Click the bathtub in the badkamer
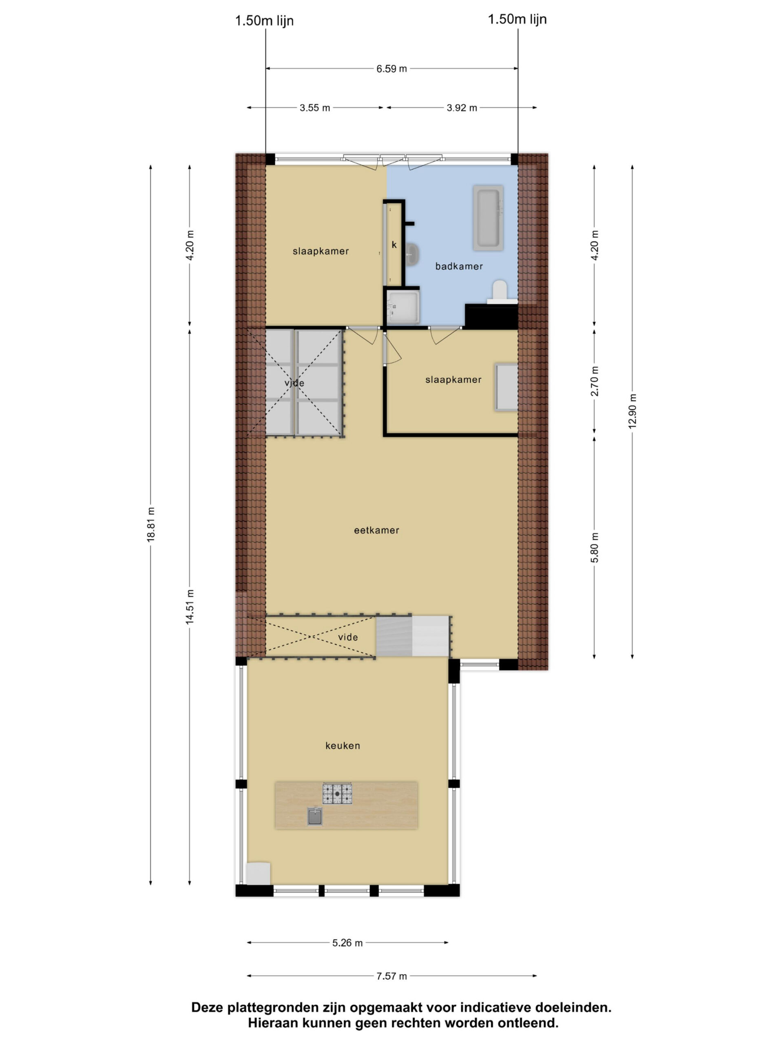coord(488,218)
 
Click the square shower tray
coord(403,307)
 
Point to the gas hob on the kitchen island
coord(337,793)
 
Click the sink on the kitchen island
coord(315,816)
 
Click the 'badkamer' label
coord(459,266)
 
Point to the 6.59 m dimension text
coord(391,69)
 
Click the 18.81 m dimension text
coord(151,524)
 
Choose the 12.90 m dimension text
coord(632,411)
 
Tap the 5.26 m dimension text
coord(347,943)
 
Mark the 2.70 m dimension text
coord(594,381)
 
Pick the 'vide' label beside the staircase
coord(348,637)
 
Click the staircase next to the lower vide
coord(412,636)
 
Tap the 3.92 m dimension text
coord(462,108)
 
